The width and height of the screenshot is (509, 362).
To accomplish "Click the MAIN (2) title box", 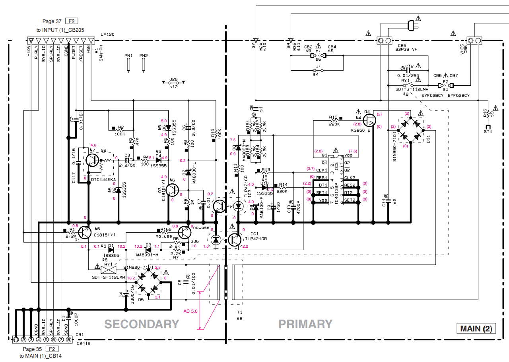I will tap(476, 329).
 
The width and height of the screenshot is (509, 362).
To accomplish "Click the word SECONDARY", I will tap(142, 324).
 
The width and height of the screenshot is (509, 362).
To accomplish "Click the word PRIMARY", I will tap(305, 324).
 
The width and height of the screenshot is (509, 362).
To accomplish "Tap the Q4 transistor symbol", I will tap(370, 119).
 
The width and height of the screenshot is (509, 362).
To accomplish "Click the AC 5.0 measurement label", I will tap(190, 311).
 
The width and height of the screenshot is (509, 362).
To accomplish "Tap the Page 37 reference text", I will tap(52, 21).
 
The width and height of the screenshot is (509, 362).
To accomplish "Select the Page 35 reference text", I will tap(32, 349).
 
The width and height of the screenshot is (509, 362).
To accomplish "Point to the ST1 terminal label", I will tap(488, 131).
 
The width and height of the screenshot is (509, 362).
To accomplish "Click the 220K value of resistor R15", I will tap(334, 124).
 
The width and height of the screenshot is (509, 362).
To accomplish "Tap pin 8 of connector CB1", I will tap(69, 339).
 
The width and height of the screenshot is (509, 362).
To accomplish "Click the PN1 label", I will tap(128, 55).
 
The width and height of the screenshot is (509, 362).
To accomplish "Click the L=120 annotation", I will tap(107, 35).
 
